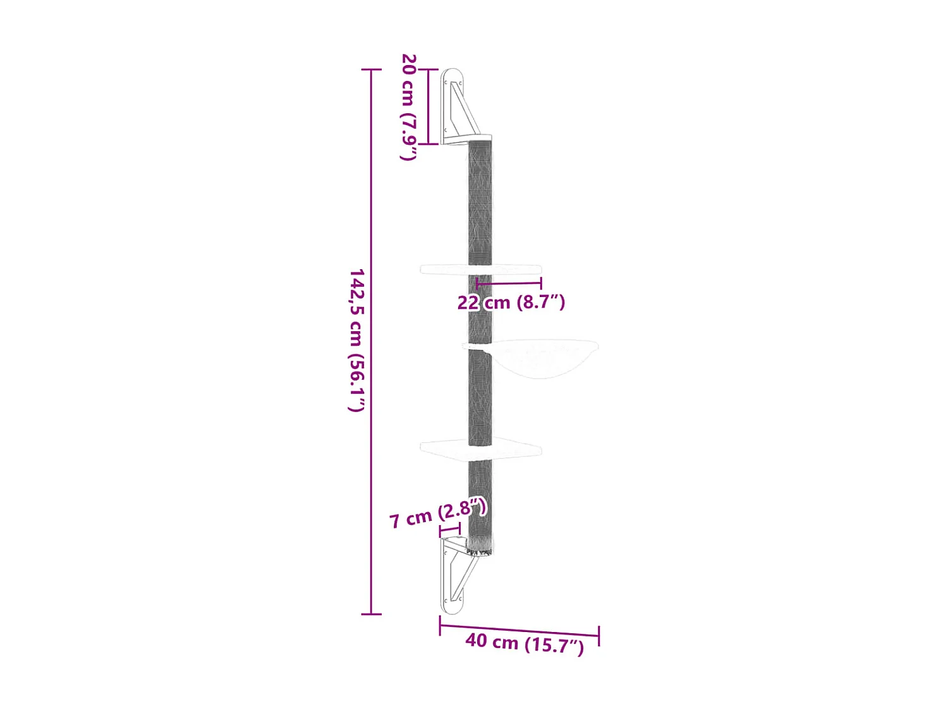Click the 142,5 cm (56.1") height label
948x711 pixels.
click(357, 340)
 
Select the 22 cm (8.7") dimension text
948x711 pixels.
click(511, 302)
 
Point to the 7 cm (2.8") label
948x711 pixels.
click(438, 513)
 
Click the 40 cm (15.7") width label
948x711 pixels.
click(525, 643)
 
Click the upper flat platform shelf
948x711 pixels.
click(480, 270)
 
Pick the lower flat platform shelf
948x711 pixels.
click(480, 449)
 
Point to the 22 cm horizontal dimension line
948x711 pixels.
click(509, 284)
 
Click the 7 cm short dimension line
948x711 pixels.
click(449, 530)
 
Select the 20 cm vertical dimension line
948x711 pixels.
click(428, 106)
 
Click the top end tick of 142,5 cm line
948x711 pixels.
click(371, 69)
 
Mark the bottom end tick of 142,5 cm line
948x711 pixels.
click(371, 614)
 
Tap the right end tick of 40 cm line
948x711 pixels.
click(599, 636)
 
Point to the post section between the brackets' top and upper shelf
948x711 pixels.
click(480, 202)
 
